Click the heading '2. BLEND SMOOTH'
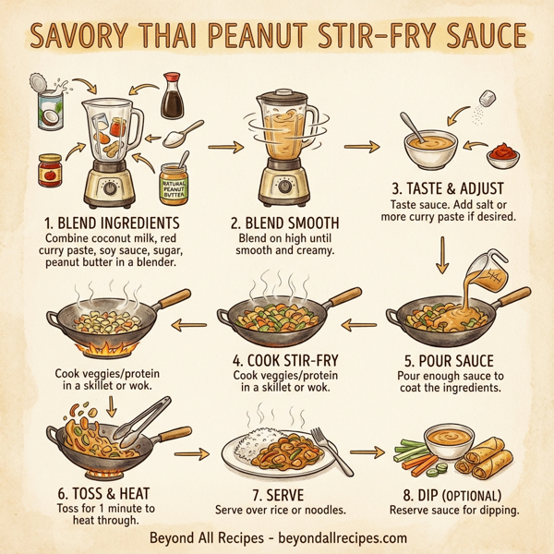[284, 223]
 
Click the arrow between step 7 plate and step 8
[366, 453]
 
